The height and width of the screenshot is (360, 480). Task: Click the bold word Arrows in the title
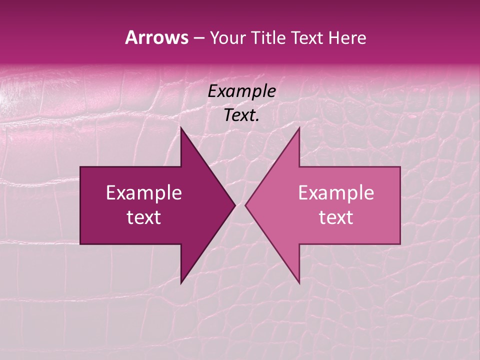(x=156, y=37)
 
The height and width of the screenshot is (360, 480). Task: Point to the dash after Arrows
(x=198, y=38)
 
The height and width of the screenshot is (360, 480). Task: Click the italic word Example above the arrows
(x=241, y=91)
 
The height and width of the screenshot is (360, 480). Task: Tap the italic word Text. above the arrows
(x=241, y=115)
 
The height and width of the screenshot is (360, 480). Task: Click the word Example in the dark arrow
(x=144, y=192)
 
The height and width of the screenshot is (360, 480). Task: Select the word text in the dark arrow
(x=144, y=217)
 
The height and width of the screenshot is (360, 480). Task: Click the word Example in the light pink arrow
(x=336, y=192)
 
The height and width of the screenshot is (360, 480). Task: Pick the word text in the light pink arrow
(x=336, y=217)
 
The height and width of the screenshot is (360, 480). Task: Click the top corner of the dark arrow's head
(x=181, y=128)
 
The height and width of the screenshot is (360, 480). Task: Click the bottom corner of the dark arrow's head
(x=181, y=283)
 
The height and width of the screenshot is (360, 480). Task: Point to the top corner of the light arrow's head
(x=299, y=128)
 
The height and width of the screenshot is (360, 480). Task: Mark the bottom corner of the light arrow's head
(x=299, y=283)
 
